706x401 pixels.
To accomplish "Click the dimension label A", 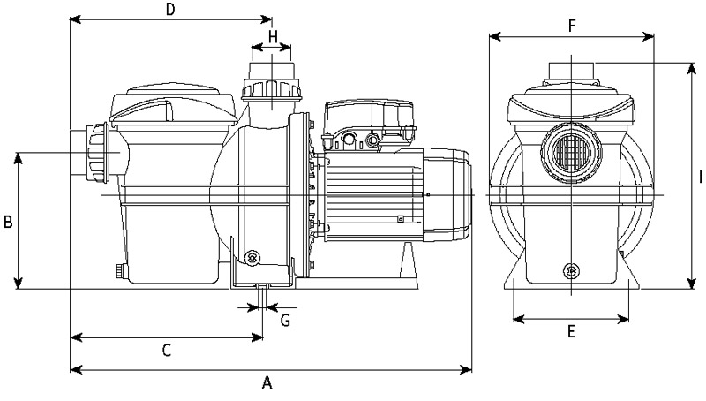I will (x=267, y=383).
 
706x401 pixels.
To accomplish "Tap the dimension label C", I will (x=166, y=351).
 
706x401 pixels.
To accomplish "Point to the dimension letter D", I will (x=171, y=10).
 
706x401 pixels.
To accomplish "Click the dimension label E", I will (x=571, y=332).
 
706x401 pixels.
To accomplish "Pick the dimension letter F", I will (x=572, y=26).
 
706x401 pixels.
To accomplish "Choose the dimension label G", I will (x=285, y=320).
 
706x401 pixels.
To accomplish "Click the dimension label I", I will (x=700, y=177).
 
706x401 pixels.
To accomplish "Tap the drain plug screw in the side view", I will (x=254, y=257).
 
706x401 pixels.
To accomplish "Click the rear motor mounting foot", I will (x=410, y=265).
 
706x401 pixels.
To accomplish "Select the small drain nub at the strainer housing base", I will (x=117, y=271).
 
